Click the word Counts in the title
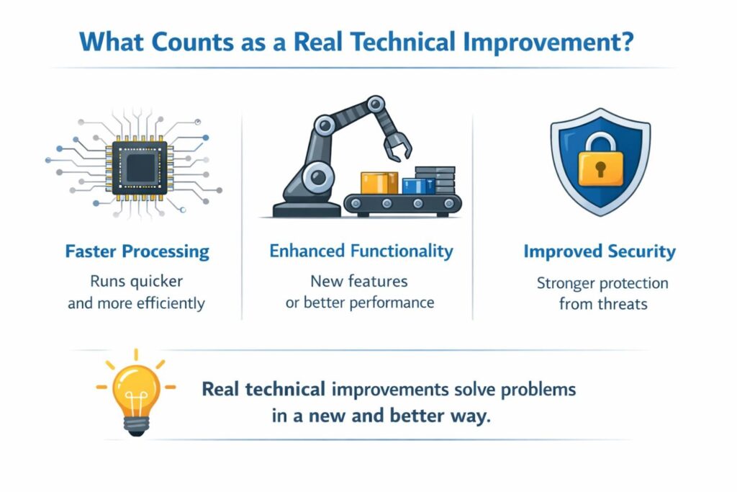tap(193, 42)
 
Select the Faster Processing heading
tap(137, 251)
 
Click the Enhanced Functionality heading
tap(361, 251)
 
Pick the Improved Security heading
tap(600, 251)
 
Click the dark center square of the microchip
tap(140, 168)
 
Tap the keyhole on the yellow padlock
tap(600, 169)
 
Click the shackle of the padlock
tap(600, 143)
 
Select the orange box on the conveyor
tap(379, 183)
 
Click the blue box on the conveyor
tap(418, 186)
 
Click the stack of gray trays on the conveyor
tap(435, 179)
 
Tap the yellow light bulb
tap(136, 393)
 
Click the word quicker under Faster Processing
tap(156, 282)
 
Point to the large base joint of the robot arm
tap(317, 177)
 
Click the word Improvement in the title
tap(541, 42)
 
